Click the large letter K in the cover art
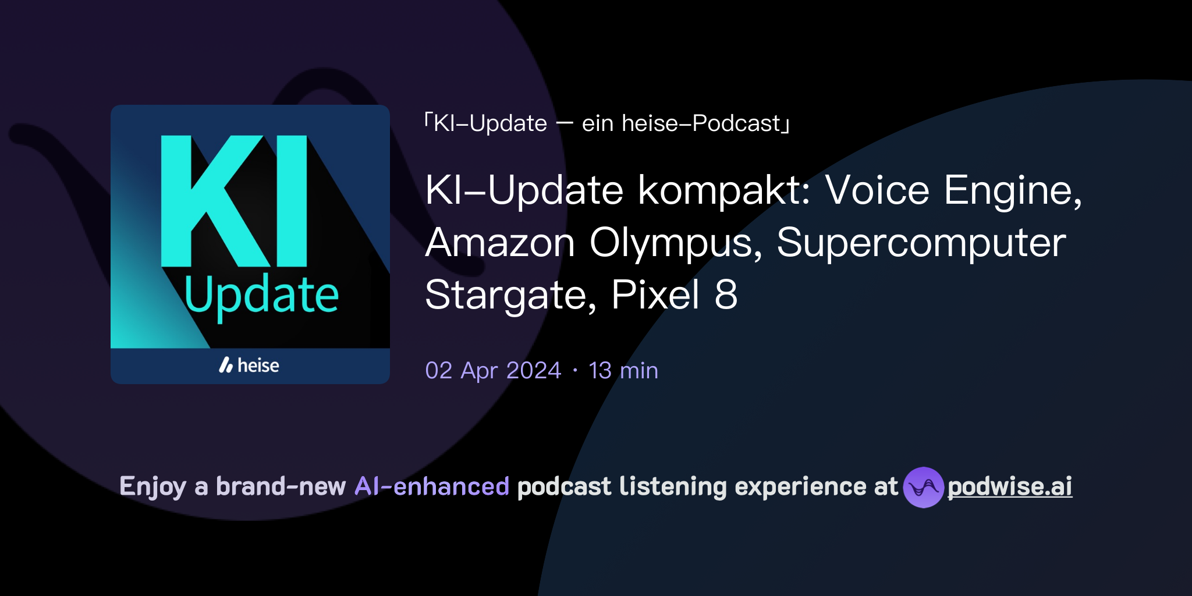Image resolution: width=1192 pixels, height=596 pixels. pyautogui.click(x=212, y=201)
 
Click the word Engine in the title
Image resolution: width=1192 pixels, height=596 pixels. pyautogui.click(x=1012, y=190)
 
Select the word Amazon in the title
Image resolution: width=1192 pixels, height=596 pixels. pyautogui.click(x=500, y=243)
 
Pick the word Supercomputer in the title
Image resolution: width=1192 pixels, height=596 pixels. pyautogui.click(x=921, y=243)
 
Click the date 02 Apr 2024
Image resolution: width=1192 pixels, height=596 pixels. pyautogui.click(x=493, y=371)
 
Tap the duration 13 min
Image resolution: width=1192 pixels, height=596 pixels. pyautogui.click(x=623, y=371)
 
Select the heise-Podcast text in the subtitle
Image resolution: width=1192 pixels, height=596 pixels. pyautogui.click(x=701, y=123)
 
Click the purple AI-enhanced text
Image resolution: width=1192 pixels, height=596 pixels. pyautogui.click(x=432, y=487)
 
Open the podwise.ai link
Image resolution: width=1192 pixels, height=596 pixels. pyautogui.click(x=1010, y=487)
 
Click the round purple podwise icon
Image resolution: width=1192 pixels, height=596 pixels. pyautogui.click(x=923, y=487)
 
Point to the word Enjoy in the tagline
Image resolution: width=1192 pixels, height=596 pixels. pyautogui.click(x=152, y=487)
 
